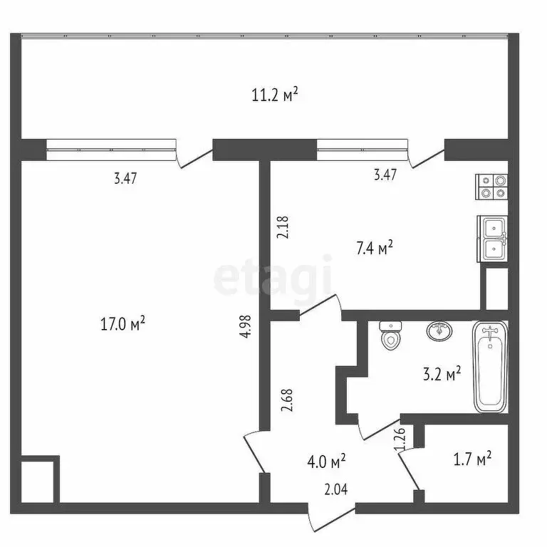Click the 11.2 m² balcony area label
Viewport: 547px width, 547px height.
274,95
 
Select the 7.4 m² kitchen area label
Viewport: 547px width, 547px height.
375,249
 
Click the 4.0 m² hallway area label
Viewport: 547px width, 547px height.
325,462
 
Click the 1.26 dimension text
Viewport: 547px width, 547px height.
400,439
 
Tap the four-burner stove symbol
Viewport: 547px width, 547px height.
492,186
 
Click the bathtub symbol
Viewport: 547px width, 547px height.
491,368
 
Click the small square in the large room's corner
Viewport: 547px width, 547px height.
37,481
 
